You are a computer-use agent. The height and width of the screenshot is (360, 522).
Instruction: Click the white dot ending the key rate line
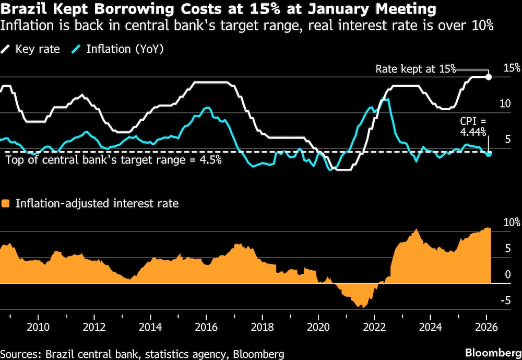[489, 77]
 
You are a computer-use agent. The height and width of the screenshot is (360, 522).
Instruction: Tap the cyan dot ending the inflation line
[489, 154]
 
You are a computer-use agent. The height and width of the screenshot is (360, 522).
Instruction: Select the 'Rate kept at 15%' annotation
[416, 69]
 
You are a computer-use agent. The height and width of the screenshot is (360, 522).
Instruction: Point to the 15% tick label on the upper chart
[512, 68]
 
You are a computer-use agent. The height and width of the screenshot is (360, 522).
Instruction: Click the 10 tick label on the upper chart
[505, 103]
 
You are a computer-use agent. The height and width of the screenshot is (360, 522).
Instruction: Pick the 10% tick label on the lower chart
[511, 222]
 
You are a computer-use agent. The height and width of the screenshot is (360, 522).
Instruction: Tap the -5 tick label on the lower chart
[505, 300]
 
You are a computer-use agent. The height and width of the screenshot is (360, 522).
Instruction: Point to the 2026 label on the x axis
[485, 328]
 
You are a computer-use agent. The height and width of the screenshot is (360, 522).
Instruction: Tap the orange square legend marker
[6, 204]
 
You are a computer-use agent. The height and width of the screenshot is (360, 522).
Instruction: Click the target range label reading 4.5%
[113, 160]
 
